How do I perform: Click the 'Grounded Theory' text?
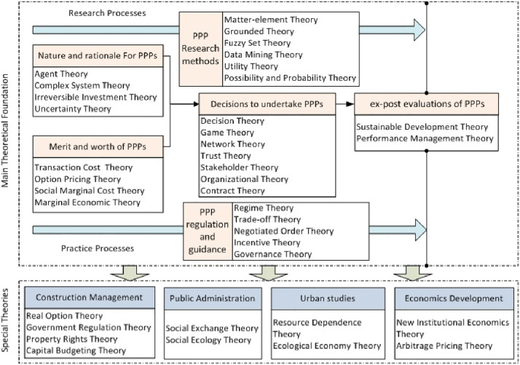(x=258, y=32)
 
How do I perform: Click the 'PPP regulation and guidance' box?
(x=206, y=231)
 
